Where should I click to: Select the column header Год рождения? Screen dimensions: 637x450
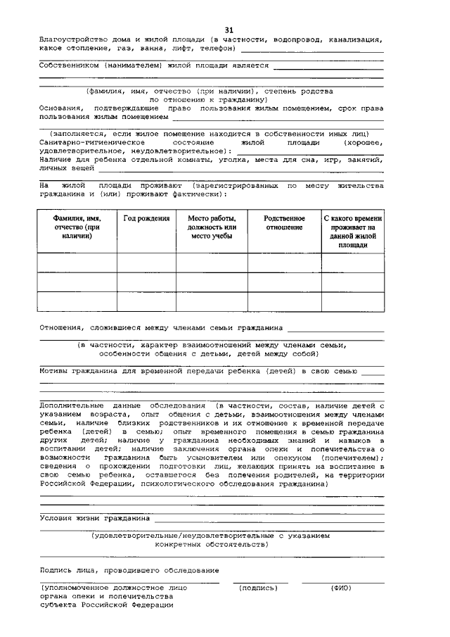click(146, 219)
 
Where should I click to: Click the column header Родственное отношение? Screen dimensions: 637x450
click(284, 223)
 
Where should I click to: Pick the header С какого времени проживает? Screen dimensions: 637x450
click(353, 232)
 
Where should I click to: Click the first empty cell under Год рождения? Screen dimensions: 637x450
click(146, 263)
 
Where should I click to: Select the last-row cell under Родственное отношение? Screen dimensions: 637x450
click(284, 301)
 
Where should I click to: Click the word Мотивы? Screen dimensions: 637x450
click(56, 370)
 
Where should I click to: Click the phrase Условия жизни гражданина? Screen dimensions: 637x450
click(95, 518)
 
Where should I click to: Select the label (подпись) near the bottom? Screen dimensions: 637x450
click(259, 587)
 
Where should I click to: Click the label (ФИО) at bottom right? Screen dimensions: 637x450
click(341, 587)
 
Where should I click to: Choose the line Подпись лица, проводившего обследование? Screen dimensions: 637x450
click(129, 569)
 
